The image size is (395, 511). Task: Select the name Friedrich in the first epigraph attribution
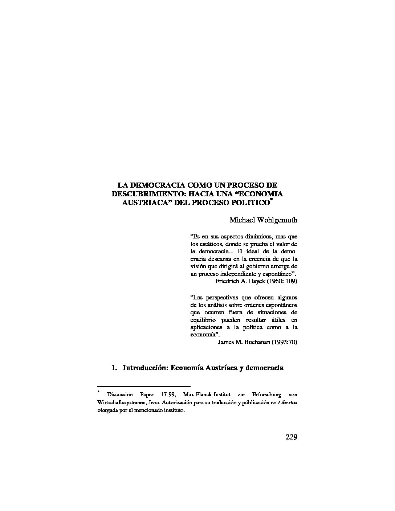coord(228,281)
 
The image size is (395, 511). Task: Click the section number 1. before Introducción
coord(114,368)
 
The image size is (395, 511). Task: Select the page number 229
coord(291,437)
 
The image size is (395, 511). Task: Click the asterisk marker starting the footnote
coord(98,392)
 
